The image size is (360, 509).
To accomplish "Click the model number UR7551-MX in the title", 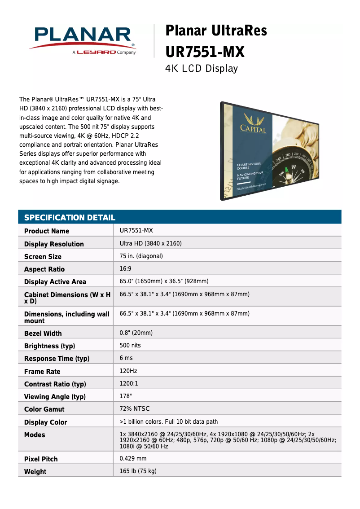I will [205, 52].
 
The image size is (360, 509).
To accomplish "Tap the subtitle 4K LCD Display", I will [201, 69].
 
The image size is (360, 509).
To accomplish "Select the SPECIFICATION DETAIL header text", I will [70, 218].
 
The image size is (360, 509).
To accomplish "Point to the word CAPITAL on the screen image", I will [253, 129].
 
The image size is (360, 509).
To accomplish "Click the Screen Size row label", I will [43, 257].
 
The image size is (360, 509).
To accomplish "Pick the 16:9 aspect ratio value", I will [126, 269].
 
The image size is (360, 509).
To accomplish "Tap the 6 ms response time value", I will [126, 358].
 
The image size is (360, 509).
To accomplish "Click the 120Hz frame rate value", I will [128, 371].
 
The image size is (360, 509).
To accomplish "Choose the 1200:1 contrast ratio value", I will [129, 384].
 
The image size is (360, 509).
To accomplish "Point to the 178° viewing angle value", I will [126, 396].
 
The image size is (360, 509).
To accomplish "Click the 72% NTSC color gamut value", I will [135, 409].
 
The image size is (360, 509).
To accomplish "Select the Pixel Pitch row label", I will [41, 459].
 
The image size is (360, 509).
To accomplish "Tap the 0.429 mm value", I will [133, 459].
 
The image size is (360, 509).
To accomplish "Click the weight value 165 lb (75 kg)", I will [138, 471].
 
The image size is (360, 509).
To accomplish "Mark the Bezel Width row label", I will [43, 333].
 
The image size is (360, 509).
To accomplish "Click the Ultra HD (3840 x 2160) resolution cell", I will [150, 244].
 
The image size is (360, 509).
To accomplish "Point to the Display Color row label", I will [45, 422].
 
